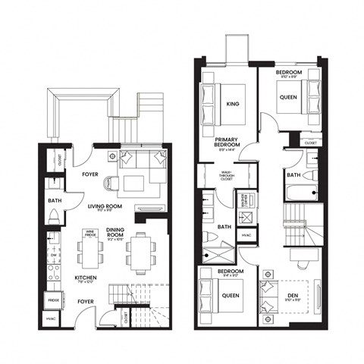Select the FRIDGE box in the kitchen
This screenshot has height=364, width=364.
(53, 301)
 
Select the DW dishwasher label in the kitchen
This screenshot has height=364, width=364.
(53, 256)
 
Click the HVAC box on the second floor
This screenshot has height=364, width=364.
(245, 236)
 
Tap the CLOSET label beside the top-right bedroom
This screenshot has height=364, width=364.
(310, 143)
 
